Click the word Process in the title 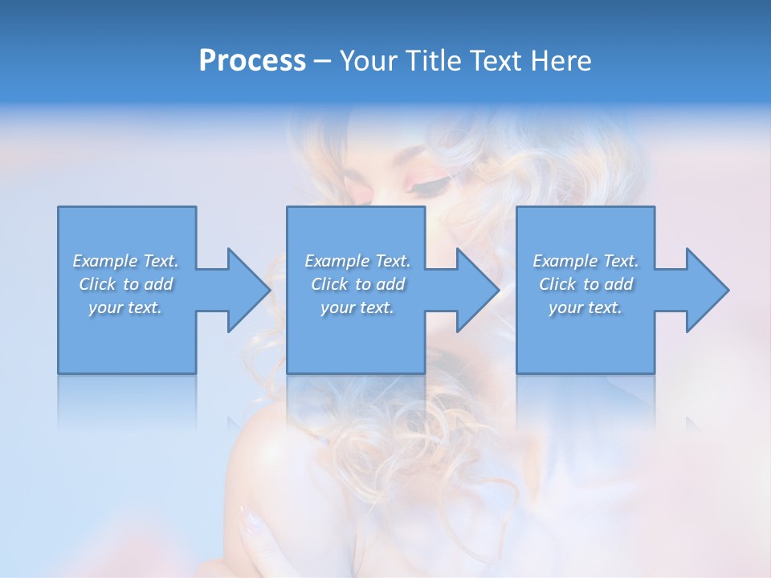tap(252, 61)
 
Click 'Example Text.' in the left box tap(125, 261)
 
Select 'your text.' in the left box tap(125, 307)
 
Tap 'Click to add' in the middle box tap(357, 284)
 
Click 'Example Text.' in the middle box tap(357, 261)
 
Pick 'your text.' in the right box tap(585, 307)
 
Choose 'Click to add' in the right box tap(585, 284)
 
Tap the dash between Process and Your tap(323, 61)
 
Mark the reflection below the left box tap(127, 401)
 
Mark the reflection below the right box tap(585, 401)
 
